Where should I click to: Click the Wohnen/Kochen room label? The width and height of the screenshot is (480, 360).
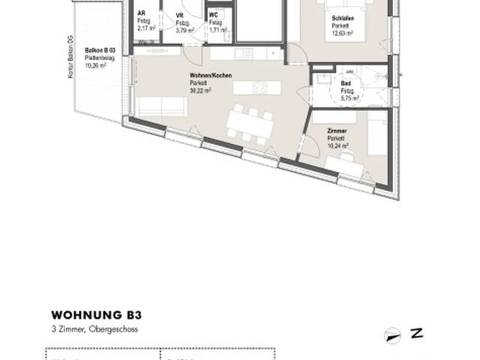pyautogui.click(x=205, y=76)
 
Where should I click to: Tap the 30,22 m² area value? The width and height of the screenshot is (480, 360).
pyautogui.click(x=201, y=90)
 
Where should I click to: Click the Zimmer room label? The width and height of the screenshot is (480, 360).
pyautogui.click(x=337, y=130)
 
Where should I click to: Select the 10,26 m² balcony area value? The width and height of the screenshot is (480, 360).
pyautogui.click(x=94, y=65)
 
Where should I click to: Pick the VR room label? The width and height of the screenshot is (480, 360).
pyautogui.click(x=179, y=14)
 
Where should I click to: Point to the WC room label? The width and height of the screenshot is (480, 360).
pyautogui.click(x=214, y=14)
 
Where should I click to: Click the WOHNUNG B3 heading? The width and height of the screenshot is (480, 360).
pyautogui.click(x=97, y=316)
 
